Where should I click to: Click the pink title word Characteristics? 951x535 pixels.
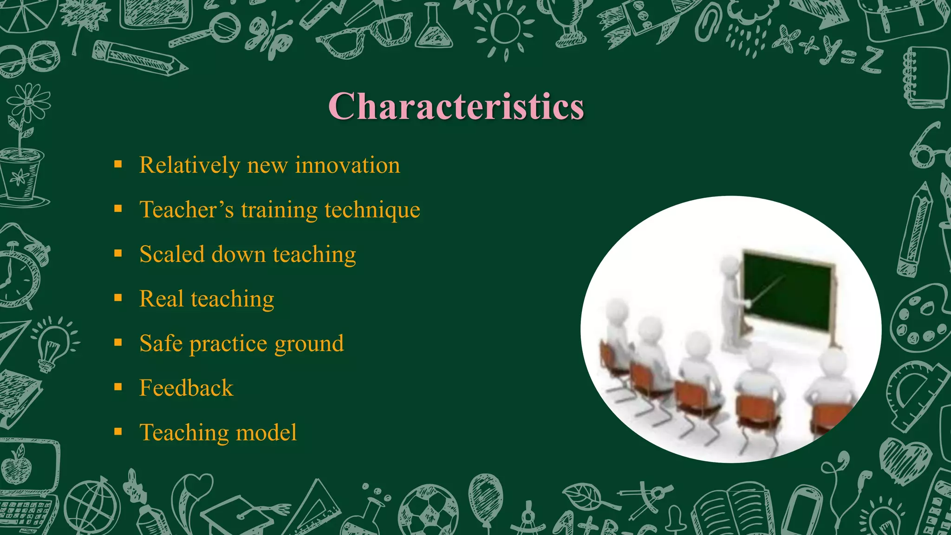point(456,106)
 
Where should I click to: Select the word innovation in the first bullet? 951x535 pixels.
point(347,165)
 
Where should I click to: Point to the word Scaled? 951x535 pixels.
point(172,254)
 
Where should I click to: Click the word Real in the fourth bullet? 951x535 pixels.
point(161,299)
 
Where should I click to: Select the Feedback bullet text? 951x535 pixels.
point(186,388)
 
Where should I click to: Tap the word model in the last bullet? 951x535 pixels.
point(266,432)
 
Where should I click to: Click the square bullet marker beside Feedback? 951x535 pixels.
point(118,387)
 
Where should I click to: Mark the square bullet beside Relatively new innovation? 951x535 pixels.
point(118,164)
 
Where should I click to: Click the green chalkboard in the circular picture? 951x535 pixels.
point(787,290)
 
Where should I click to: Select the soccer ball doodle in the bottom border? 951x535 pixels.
point(428,511)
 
